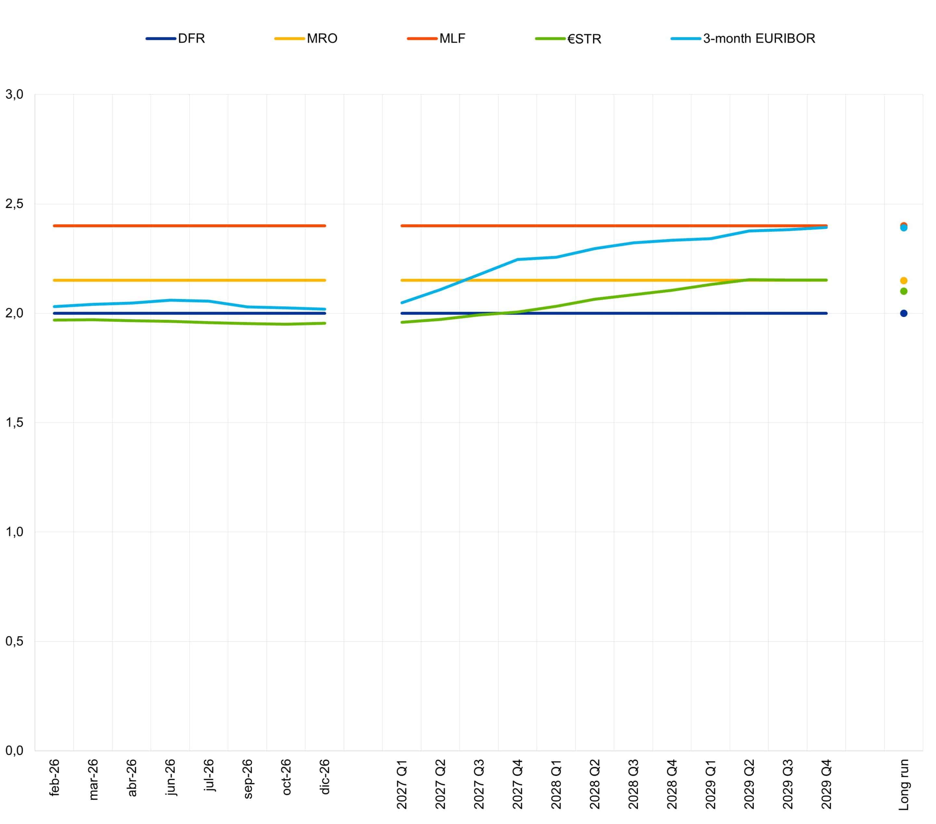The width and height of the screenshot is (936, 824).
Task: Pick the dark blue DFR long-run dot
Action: point(904,313)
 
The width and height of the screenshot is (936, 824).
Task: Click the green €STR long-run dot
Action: point(904,291)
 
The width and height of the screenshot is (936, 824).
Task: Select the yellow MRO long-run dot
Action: point(904,280)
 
